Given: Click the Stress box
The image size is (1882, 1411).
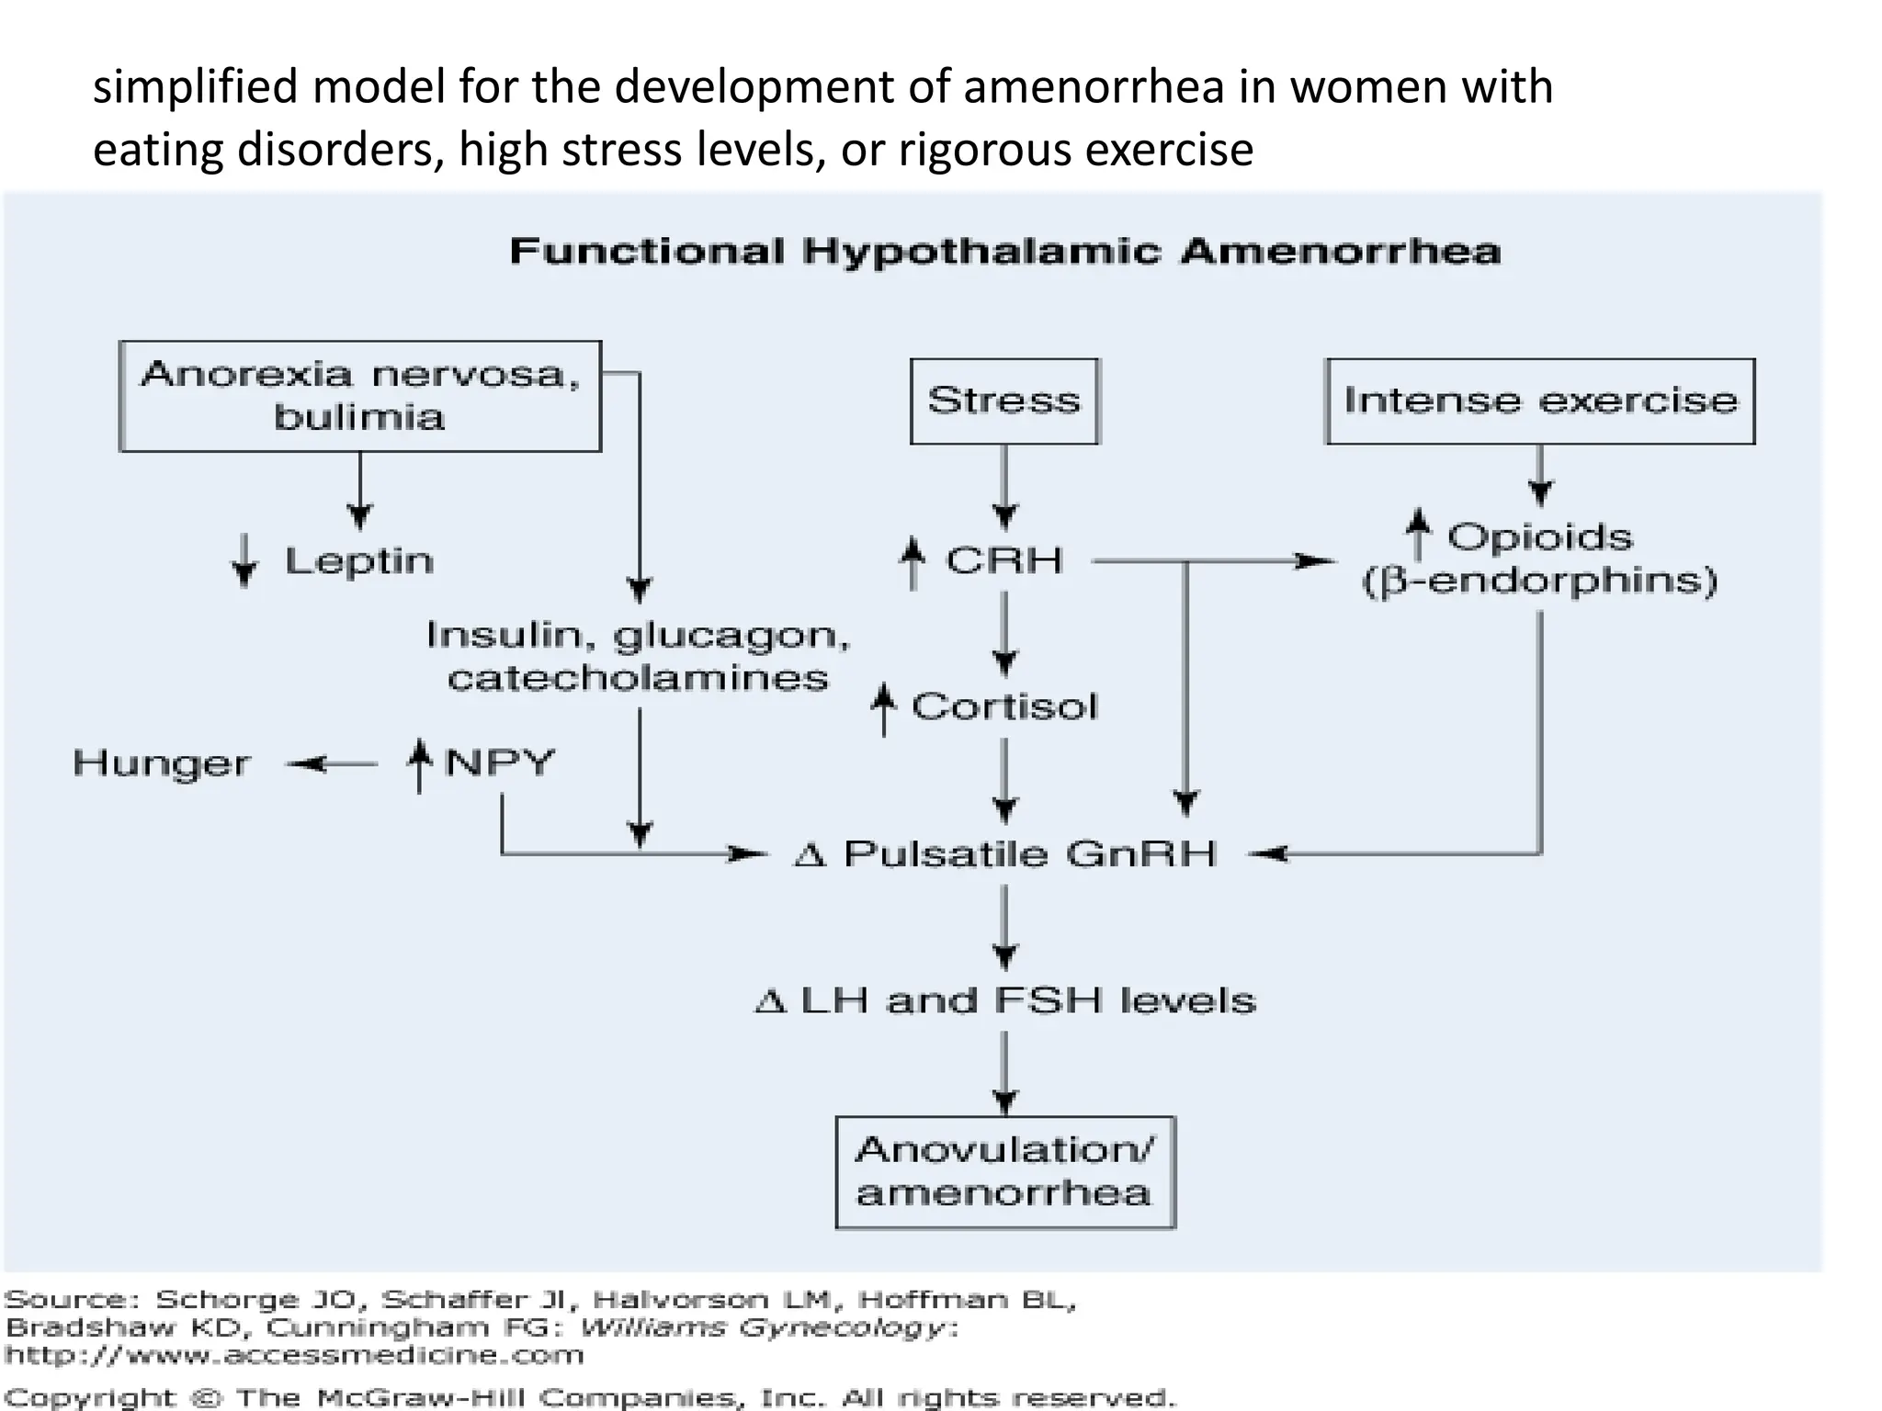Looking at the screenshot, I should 1004,401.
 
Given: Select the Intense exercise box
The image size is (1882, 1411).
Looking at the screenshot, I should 1540,401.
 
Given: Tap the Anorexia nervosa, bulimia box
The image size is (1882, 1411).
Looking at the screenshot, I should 360,396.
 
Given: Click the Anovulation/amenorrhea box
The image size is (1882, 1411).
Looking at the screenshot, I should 1005,1172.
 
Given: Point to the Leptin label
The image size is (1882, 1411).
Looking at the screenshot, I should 358,560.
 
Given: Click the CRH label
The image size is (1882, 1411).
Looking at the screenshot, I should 1004,560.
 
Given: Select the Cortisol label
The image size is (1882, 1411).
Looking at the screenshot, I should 1004,706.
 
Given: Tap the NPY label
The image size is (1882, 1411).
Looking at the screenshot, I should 499,763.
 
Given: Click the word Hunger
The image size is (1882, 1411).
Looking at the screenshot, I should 162,763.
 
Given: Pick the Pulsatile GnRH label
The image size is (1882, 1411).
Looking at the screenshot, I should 1029,854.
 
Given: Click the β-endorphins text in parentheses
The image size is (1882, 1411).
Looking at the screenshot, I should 1540,581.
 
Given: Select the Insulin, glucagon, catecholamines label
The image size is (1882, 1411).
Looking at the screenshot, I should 638,656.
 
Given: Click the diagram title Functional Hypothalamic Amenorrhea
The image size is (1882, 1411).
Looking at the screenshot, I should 1005,251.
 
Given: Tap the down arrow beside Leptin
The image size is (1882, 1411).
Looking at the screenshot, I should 244,560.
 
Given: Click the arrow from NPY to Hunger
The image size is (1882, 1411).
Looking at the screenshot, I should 331,763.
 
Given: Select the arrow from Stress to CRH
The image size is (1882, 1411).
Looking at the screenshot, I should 1004,487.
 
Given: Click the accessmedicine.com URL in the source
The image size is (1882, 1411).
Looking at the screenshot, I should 294,1355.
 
